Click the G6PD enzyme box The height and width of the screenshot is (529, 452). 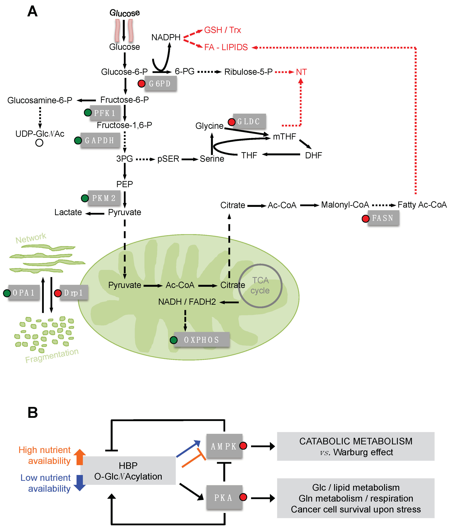160,84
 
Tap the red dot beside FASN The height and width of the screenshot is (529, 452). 365,218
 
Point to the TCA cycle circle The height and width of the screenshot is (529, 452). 260,286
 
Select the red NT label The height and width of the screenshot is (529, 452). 301,72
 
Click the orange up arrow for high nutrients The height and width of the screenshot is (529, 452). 80,457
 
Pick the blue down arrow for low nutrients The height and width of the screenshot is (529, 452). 80,483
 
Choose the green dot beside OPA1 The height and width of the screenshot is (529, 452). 7,293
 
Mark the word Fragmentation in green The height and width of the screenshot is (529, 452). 52,355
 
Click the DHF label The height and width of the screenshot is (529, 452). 313,155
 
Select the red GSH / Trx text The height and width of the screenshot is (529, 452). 222,30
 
